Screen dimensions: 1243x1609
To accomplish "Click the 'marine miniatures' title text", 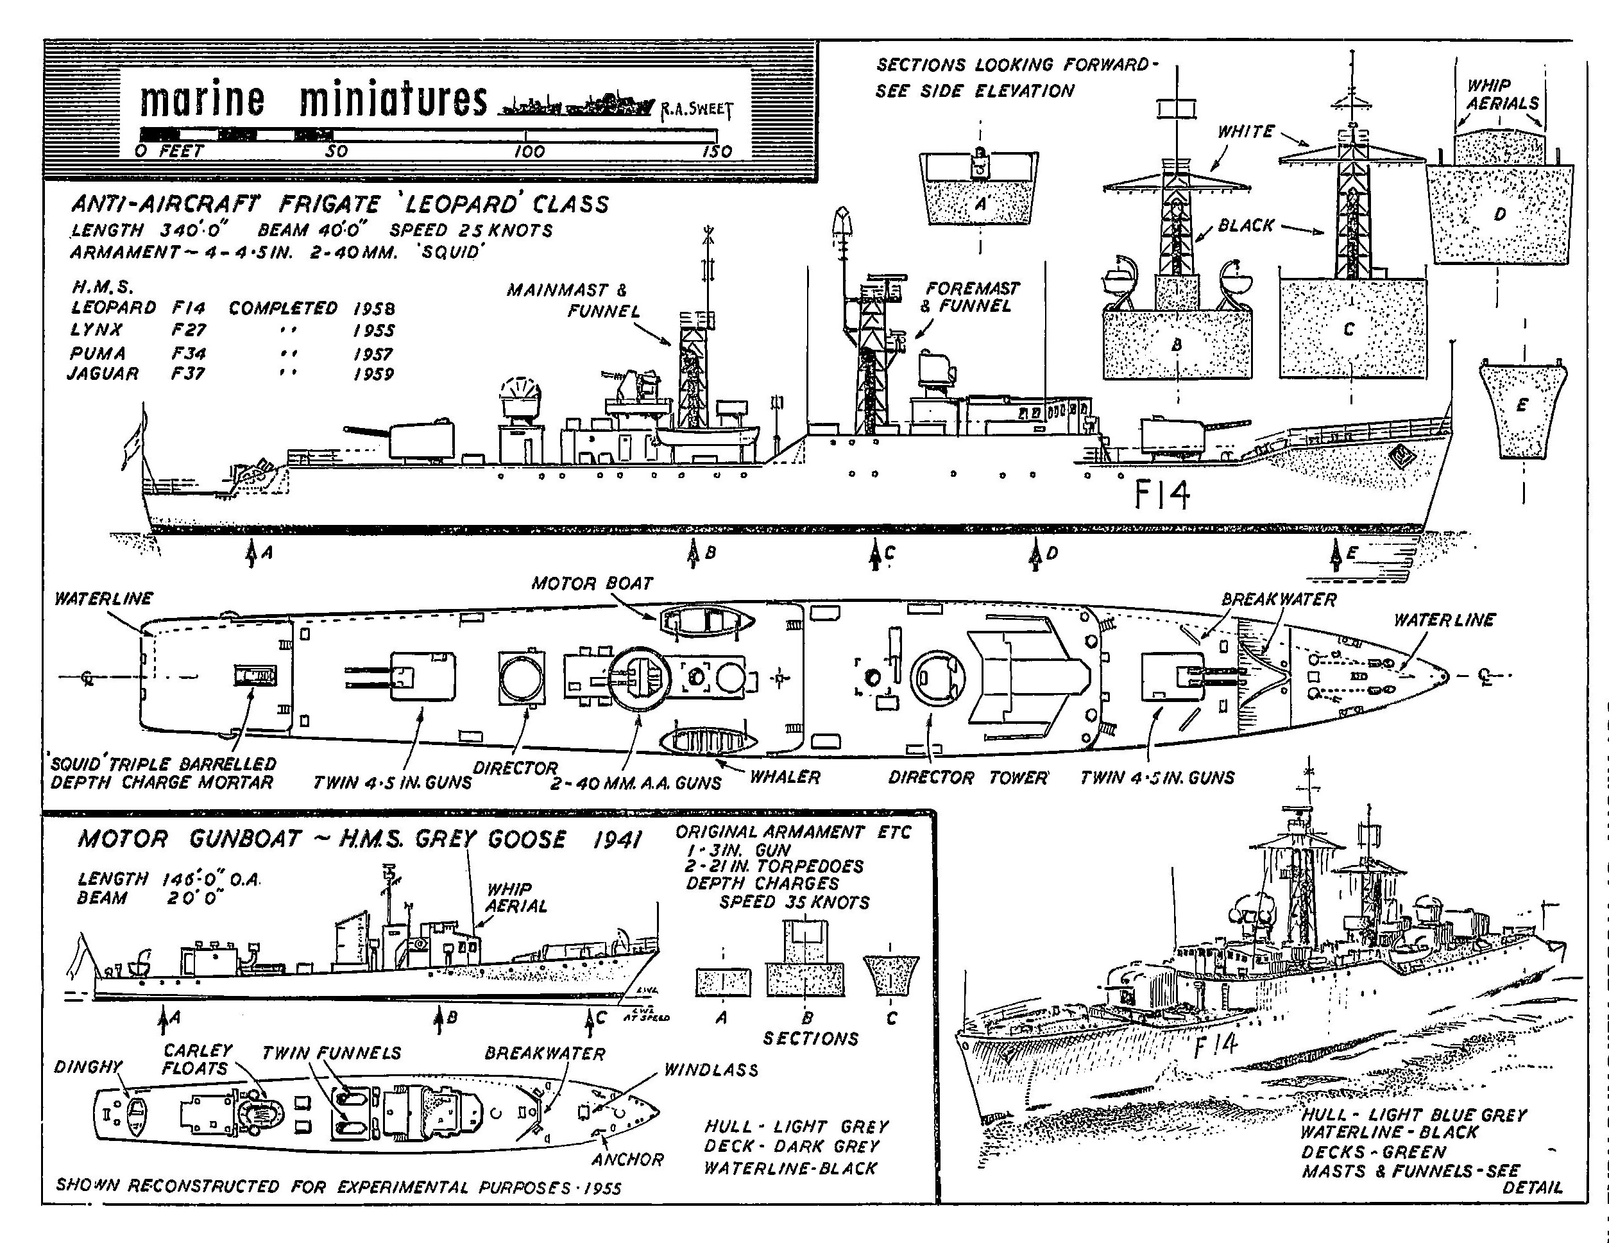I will point(313,100).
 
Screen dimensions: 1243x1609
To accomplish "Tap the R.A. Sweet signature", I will point(696,110).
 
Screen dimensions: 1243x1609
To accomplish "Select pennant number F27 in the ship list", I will point(189,329).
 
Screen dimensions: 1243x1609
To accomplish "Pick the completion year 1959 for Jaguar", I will point(373,374).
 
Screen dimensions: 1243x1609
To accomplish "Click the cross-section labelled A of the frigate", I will point(979,189).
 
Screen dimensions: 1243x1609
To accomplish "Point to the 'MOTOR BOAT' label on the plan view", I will point(592,583).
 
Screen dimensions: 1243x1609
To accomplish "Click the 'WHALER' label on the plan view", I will point(785,776).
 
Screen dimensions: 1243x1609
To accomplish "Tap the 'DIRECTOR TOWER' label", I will point(968,777).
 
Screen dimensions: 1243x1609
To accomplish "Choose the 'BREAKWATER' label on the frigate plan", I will point(1278,599).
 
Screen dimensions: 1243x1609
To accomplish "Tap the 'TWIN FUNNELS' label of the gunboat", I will point(332,1053).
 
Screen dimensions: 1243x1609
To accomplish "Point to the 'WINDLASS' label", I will point(711,1070).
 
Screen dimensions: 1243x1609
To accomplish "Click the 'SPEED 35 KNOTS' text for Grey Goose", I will point(794,903).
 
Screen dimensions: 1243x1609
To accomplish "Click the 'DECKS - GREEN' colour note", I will point(1374,1152).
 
